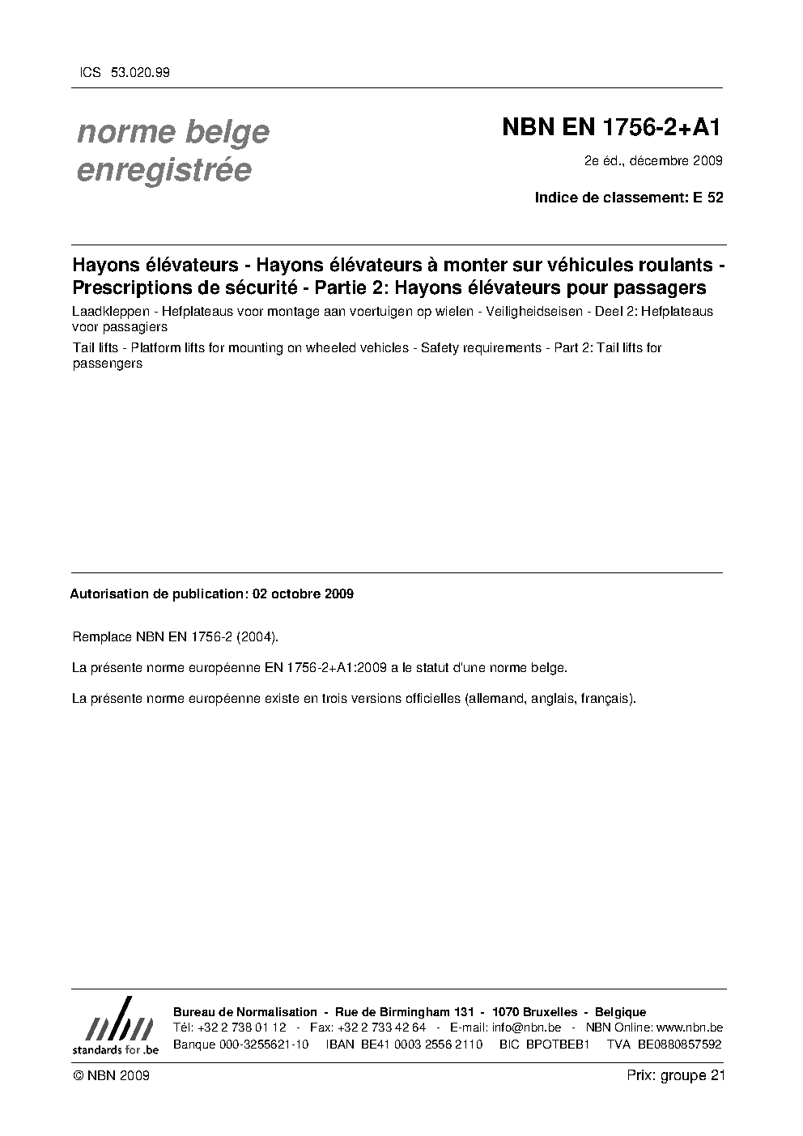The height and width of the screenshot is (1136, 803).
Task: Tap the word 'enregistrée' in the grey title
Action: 164,171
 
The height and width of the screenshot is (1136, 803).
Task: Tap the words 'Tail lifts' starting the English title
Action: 96,348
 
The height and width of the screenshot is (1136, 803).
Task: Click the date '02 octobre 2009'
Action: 303,594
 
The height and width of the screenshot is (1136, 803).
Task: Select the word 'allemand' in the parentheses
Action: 495,697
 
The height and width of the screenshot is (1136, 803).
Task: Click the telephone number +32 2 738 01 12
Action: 241,1028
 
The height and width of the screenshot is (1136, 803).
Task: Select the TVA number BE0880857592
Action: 679,1045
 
